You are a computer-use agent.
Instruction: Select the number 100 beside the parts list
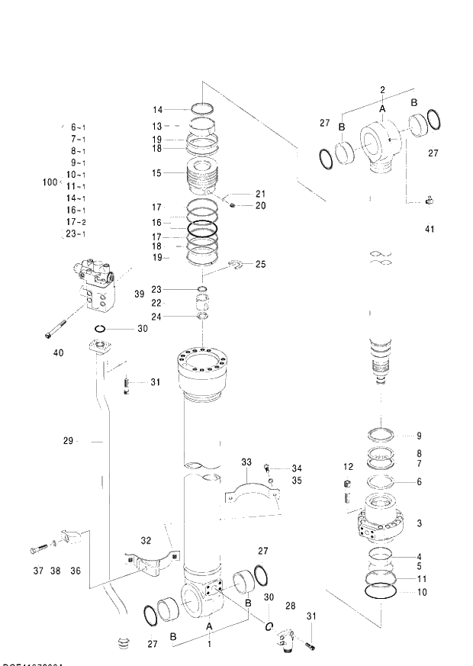[x=50, y=182]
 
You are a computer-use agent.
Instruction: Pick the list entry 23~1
[x=76, y=234]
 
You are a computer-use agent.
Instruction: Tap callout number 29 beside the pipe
[x=68, y=440]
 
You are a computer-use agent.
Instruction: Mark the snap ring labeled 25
[x=238, y=265]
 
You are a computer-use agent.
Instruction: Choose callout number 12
[x=348, y=467]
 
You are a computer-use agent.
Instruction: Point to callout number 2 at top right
[x=382, y=91]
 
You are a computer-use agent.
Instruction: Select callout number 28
[x=289, y=605]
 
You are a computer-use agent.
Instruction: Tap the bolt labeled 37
[x=40, y=549]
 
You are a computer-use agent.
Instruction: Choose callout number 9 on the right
[x=418, y=436]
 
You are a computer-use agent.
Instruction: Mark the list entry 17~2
[x=76, y=222]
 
